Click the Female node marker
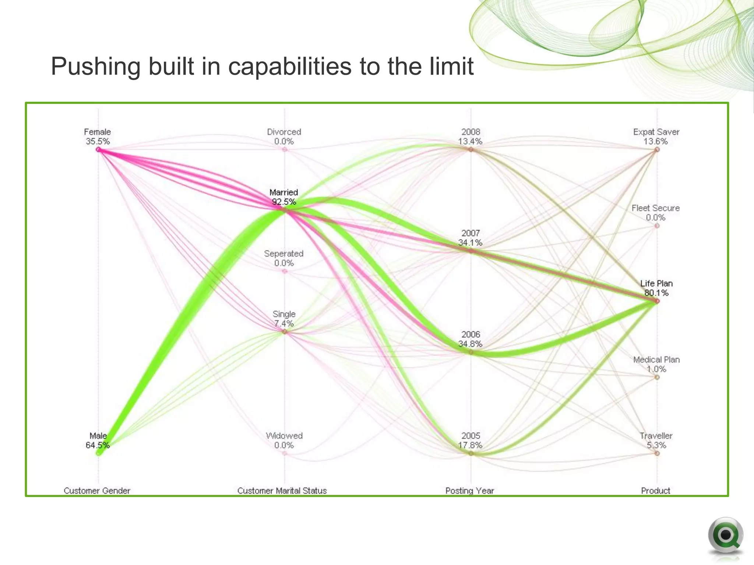[98, 149]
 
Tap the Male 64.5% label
[98, 441]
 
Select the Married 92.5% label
[283, 197]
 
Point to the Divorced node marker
[284, 149]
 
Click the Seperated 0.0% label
[283, 258]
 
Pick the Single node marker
[284, 332]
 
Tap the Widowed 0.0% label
[284, 441]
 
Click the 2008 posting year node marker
[471, 149]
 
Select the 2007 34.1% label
[471, 238]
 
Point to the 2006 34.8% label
[471, 339]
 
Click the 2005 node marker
[471, 454]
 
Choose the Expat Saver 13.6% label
[656, 136]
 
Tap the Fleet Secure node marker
[657, 225]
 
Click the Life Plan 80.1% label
[656, 288]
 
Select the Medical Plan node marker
[657, 377]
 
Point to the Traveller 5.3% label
[656, 441]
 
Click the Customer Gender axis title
[97, 491]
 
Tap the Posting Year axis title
[469, 491]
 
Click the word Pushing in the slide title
[96, 67]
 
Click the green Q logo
[725, 536]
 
